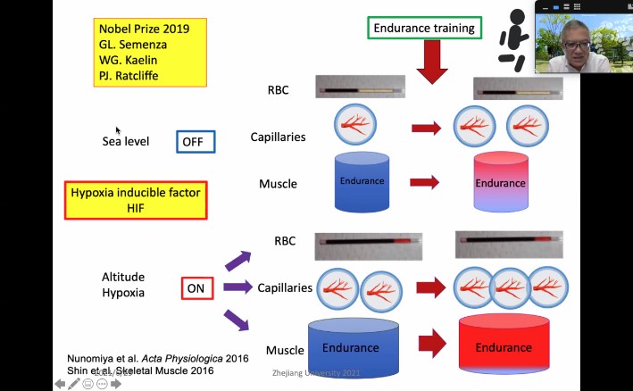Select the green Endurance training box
(x=424, y=29)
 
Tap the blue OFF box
(x=193, y=141)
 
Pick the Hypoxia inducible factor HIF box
(x=136, y=200)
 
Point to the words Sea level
(x=126, y=141)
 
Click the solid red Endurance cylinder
(x=502, y=346)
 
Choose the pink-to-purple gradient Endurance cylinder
(x=500, y=184)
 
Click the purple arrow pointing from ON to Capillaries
(x=237, y=287)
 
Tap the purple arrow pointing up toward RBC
(x=238, y=259)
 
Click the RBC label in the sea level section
(x=278, y=89)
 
